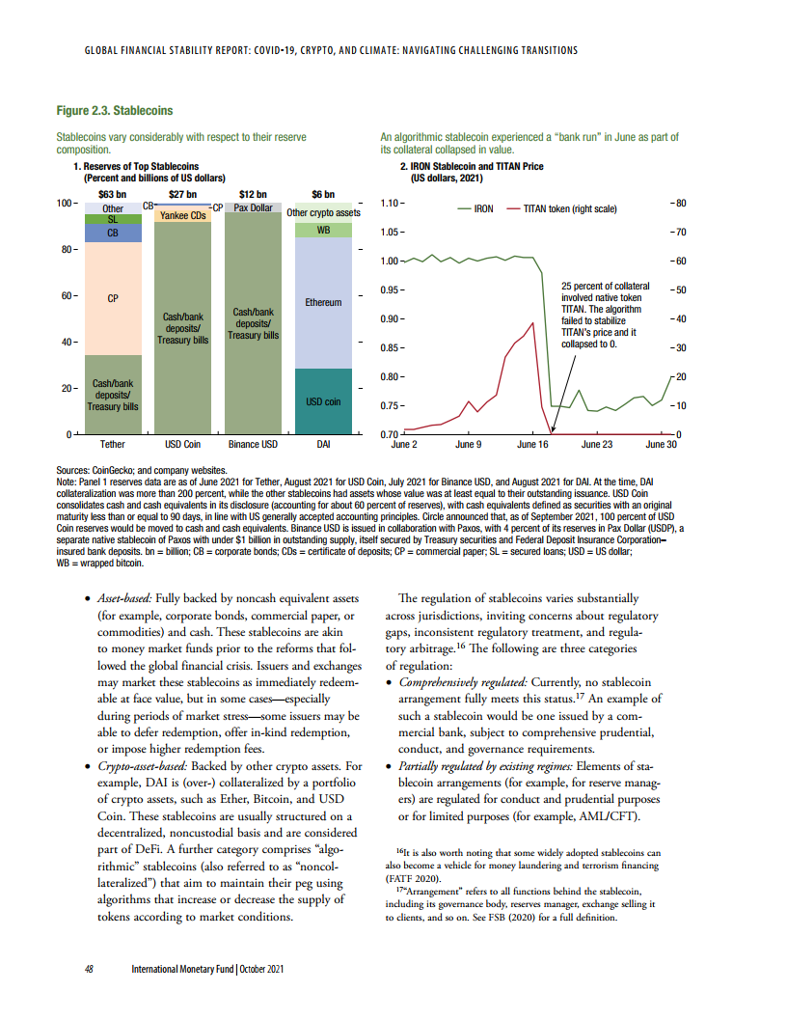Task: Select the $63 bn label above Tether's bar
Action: tap(113, 194)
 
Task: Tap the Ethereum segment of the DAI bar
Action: tap(323, 302)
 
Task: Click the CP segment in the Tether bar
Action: tap(113, 298)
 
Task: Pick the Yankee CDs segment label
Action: tap(182, 215)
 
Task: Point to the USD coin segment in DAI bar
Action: tap(323, 401)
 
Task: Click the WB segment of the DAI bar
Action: tap(323, 230)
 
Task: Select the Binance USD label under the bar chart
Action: tap(253, 445)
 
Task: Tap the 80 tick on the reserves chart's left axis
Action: tap(66, 250)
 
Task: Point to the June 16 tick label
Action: tap(532, 445)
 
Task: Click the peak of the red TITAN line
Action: tap(533, 322)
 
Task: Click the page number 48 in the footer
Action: tap(89, 968)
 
